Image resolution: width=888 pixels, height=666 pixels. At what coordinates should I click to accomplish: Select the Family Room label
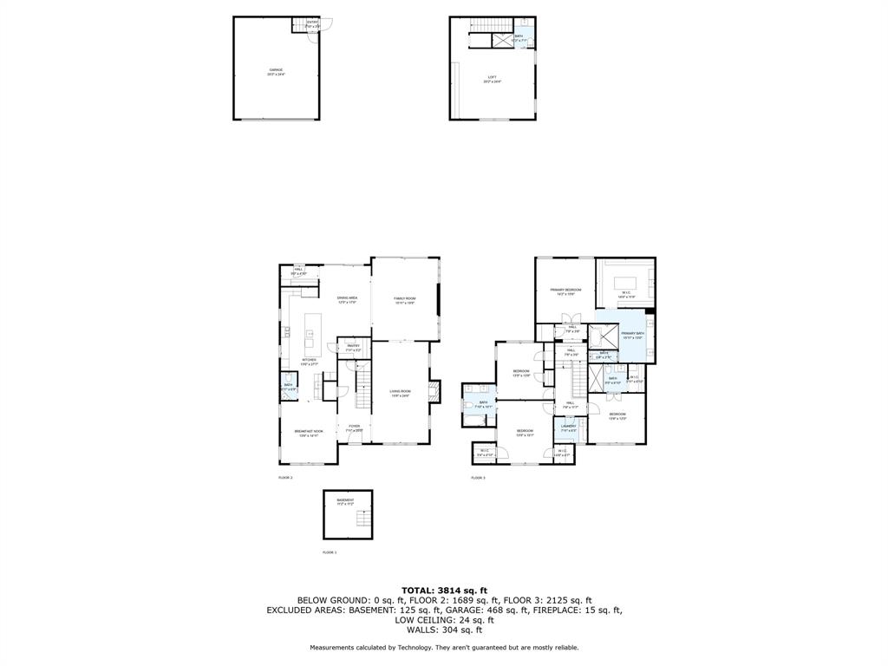pyautogui.click(x=405, y=301)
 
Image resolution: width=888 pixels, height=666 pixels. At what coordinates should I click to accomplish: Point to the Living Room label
pyautogui.click(x=399, y=393)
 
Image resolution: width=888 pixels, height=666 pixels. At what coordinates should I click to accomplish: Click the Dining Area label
pyautogui.click(x=347, y=300)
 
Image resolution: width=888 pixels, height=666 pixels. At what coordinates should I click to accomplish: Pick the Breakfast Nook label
pyautogui.click(x=309, y=433)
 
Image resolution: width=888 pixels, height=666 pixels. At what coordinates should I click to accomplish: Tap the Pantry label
pyautogui.click(x=353, y=348)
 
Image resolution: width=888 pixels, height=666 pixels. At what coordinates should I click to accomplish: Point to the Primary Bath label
pyautogui.click(x=633, y=335)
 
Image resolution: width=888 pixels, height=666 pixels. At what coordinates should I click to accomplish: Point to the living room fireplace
pyautogui.click(x=435, y=393)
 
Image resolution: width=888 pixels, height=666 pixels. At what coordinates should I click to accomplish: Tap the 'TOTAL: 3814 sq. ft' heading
pyautogui.click(x=444, y=591)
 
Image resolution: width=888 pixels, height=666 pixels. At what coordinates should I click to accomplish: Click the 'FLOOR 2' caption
pyautogui.click(x=285, y=478)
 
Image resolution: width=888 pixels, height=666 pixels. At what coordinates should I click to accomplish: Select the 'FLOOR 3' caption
pyautogui.click(x=478, y=478)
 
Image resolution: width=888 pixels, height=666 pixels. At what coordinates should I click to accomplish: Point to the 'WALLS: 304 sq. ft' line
pyautogui.click(x=444, y=630)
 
